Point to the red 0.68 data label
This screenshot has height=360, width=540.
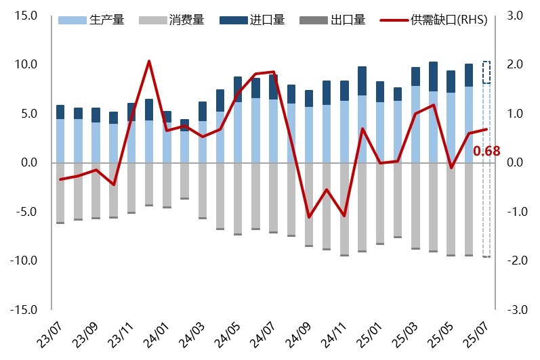point(486,151)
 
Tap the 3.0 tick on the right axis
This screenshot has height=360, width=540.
point(513,16)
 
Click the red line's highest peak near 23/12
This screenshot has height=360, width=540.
point(149,62)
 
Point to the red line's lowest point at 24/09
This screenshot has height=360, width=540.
point(309,217)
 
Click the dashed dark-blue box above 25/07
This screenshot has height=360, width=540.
point(486,72)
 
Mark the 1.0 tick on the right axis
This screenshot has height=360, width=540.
point(513,114)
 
